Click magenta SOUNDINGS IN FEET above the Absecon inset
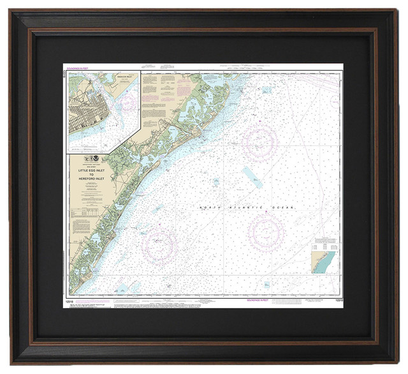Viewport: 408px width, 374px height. [77, 66]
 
